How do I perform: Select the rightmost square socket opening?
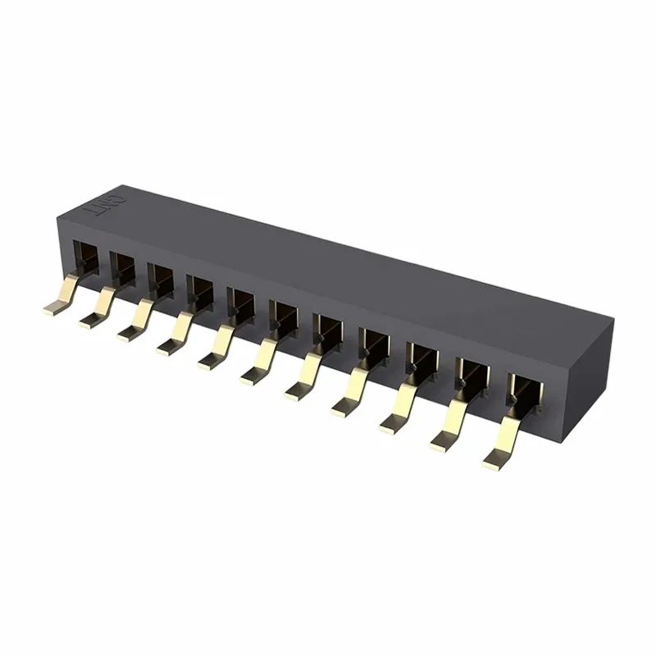pos(522,391)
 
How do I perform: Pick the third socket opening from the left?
pos(161,276)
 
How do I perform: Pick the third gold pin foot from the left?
pos(130,332)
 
